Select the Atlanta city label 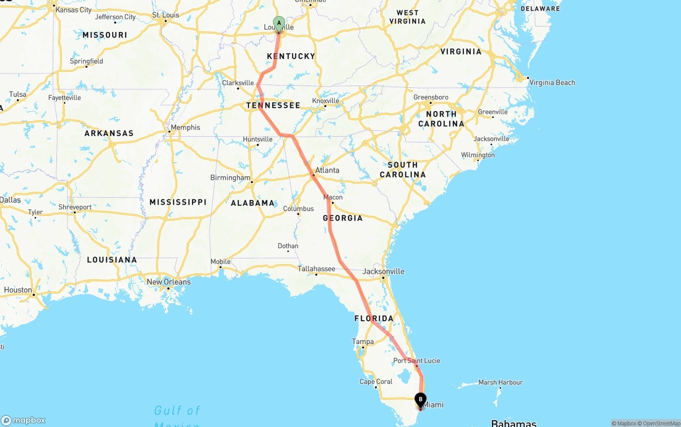tap(327, 170)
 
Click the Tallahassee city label tap(316, 269)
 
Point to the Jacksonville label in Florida tap(383, 271)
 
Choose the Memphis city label tap(186, 127)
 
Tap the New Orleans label tap(169, 282)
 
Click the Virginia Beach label tap(552, 82)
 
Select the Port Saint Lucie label tap(417, 361)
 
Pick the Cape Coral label tap(376, 381)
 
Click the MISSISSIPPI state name tap(178, 202)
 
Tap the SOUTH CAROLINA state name tap(403, 170)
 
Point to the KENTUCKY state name tap(291, 56)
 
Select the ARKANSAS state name tap(109, 133)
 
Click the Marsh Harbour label tap(500, 382)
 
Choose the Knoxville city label tap(326, 101)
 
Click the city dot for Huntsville tap(258, 145)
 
